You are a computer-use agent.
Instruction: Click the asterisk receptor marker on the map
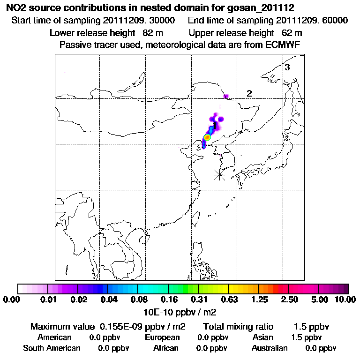coord(219,175)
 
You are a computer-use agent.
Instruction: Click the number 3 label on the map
coord(287,67)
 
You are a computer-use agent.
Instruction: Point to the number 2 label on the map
coord(249,94)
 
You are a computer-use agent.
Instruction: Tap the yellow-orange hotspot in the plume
coord(207,137)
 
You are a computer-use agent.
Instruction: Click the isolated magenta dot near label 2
coord(226,96)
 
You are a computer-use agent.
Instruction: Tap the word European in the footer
coord(162,337)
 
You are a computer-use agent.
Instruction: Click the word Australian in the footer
coord(270,348)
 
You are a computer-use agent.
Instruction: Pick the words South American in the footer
coord(52,348)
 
